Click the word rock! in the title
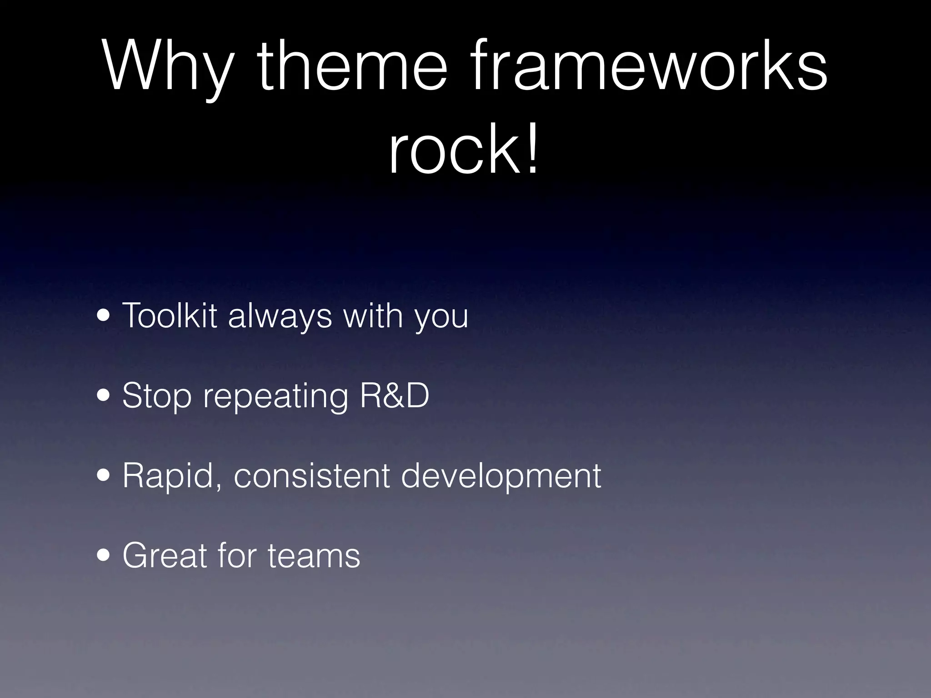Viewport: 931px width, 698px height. tap(464, 148)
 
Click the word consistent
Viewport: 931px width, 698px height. tap(312, 476)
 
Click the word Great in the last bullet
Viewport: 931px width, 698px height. tap(165, 555)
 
